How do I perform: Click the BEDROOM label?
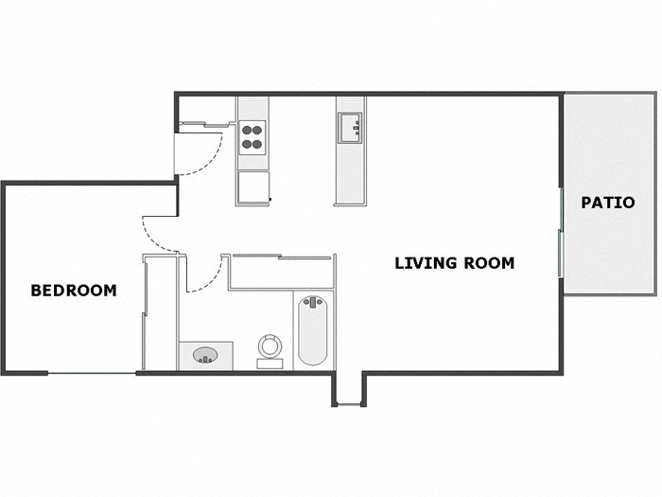pos(74,291)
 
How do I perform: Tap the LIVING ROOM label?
pos(454,263)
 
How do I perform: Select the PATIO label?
pos(608,203)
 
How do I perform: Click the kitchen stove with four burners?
pos(253,137)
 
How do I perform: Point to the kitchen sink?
pos(350,128)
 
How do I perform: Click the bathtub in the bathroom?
pos(312,330)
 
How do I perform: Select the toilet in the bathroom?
pos(270,351)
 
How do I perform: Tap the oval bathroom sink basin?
pos(205,355)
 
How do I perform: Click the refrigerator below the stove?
pos(253,187)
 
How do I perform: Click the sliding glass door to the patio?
pos(561,233)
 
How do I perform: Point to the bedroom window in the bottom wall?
pos(92,373)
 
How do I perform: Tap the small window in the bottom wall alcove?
pos(349,405)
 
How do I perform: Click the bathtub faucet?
pos(313,302)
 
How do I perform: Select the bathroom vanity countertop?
pos(206,356)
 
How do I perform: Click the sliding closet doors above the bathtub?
pos(282,257)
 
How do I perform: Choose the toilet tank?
pos(270,364)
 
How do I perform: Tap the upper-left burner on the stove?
pos(246,131)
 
